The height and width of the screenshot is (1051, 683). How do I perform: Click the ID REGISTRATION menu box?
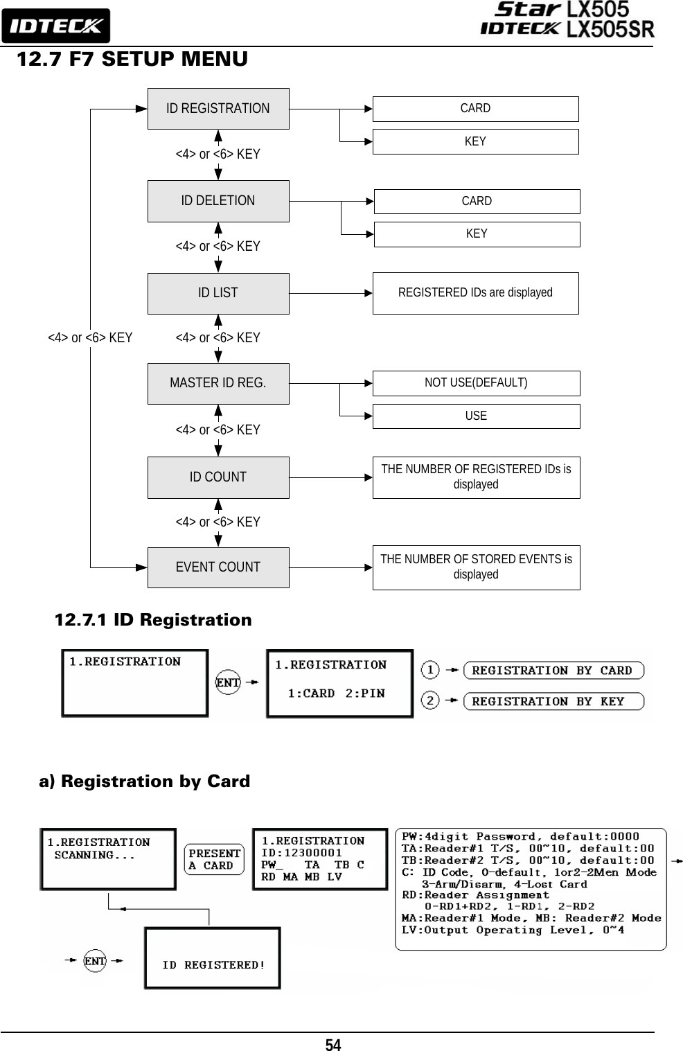tap(218, 108)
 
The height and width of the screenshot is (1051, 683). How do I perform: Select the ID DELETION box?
tap(218, 201)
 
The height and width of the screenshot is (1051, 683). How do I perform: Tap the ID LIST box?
tap(218, 293)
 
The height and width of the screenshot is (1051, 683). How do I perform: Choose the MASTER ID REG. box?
tap(218, 383)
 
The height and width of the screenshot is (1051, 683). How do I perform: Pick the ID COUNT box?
tap(218, 477)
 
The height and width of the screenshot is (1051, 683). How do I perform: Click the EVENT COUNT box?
tap(218, 567)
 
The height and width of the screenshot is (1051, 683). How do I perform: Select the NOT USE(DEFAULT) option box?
tap(476, 383)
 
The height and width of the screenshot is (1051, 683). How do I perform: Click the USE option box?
tap(476, 416)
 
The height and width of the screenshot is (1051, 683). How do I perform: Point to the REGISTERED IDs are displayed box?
tap(476, 293)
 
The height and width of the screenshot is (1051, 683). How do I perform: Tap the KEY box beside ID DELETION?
tap(477, 234)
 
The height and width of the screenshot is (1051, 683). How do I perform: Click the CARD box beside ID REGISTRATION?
tap(476, 109)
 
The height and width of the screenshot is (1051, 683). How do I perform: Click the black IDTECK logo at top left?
tap(56, 26)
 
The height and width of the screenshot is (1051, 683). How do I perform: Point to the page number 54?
tap(333, 1044)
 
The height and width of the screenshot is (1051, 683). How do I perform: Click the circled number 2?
tap(430, 700)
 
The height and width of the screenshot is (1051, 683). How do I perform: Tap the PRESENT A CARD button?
tap(214, 859)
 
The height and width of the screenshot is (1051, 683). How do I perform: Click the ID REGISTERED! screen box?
tap(213, 958)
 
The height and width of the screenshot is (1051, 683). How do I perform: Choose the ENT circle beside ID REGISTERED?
tap(95, 961)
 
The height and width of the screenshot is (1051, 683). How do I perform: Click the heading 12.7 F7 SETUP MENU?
tap(132, 59)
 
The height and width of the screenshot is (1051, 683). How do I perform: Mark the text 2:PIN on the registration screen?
tap(365, 694)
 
